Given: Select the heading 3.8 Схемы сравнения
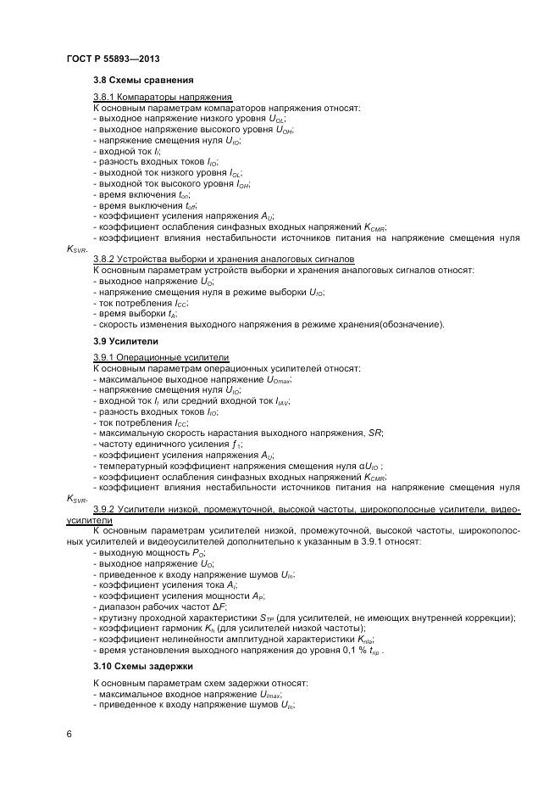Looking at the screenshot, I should [137, 81].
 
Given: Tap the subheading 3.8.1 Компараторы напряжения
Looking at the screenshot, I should [163, 98].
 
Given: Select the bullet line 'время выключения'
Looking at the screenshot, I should [146, 205].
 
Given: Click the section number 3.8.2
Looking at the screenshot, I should [104, 259].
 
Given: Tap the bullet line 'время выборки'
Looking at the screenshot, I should [136, 313].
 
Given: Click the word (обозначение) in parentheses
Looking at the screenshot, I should [414, 324].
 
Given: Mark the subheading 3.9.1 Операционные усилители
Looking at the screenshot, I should [161, 359].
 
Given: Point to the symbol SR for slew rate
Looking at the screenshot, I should [374, 433].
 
